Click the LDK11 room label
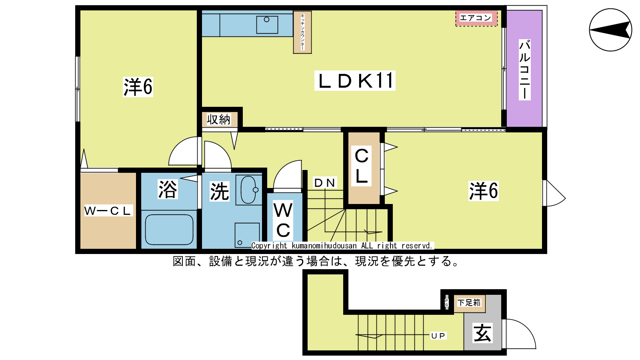355,80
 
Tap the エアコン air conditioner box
476,18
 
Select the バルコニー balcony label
524,70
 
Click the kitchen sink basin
267,25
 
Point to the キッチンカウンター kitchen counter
302,32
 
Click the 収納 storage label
218,120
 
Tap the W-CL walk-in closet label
108,210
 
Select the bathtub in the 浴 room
169,230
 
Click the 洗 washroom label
220,191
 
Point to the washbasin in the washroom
248,190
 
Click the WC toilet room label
283,220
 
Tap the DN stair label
325,182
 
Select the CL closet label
362,166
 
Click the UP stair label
438,336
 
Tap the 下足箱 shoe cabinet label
469,302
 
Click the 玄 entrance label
482,333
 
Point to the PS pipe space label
446,302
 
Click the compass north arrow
610,30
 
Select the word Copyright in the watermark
269,246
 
